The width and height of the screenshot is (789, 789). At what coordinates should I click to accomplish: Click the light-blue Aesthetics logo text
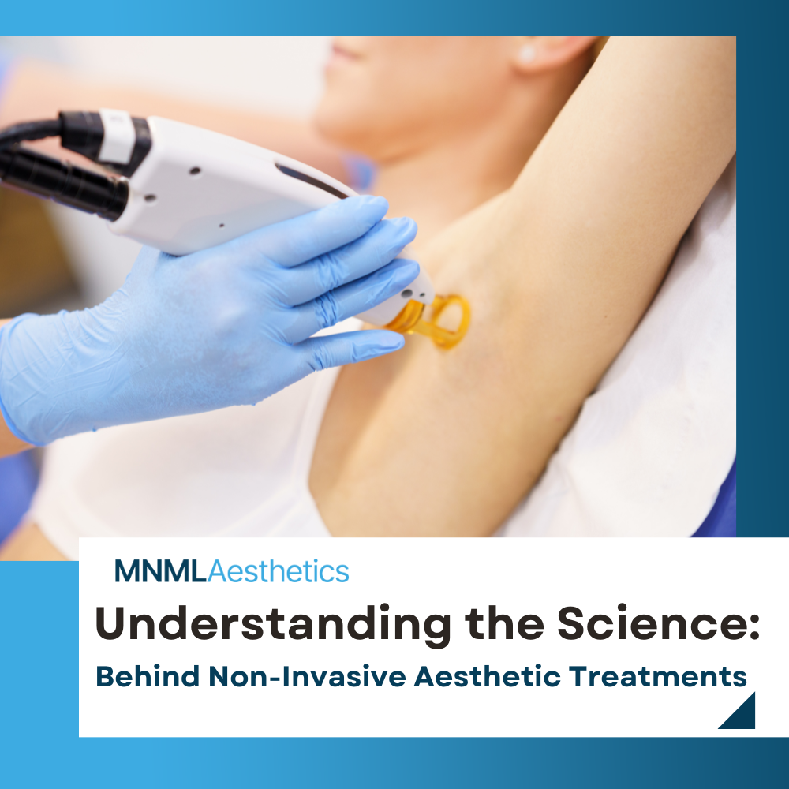(278, 571)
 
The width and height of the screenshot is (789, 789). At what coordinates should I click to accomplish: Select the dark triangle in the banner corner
(742, 715)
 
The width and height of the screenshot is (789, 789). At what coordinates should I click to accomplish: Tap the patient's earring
(527, 54)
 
